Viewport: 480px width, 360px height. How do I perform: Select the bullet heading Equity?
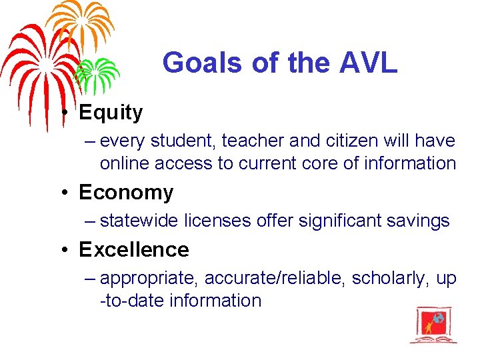coord(111,113)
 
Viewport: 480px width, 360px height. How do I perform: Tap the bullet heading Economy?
coord(126,192)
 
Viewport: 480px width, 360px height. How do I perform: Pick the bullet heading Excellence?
coord(134,249)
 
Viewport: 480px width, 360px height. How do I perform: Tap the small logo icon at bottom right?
coord(433,325)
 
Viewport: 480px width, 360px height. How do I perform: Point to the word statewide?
coord(141,220)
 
